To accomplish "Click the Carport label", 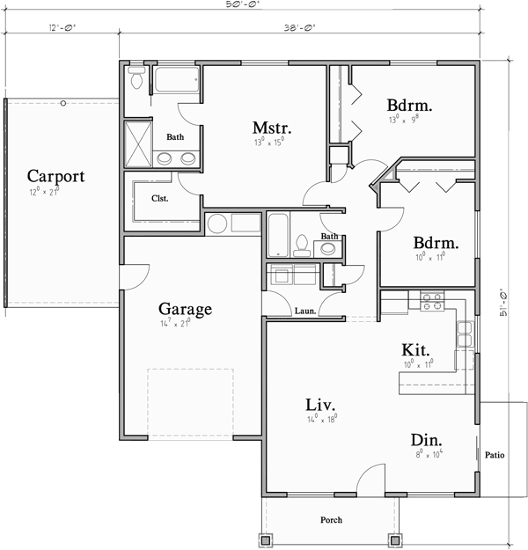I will tap(55, 176).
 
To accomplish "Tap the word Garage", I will tap(185, 309).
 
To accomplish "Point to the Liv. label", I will tap(322, 404).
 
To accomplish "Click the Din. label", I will tap(426, 439).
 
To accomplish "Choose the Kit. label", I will tap(415, 348).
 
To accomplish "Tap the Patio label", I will tap(494, 455).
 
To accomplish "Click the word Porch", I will tap(331, 520).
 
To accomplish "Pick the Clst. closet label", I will tap(159, 198).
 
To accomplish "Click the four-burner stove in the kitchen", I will tap(431, 302).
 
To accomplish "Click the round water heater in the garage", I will tap(216, 224).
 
